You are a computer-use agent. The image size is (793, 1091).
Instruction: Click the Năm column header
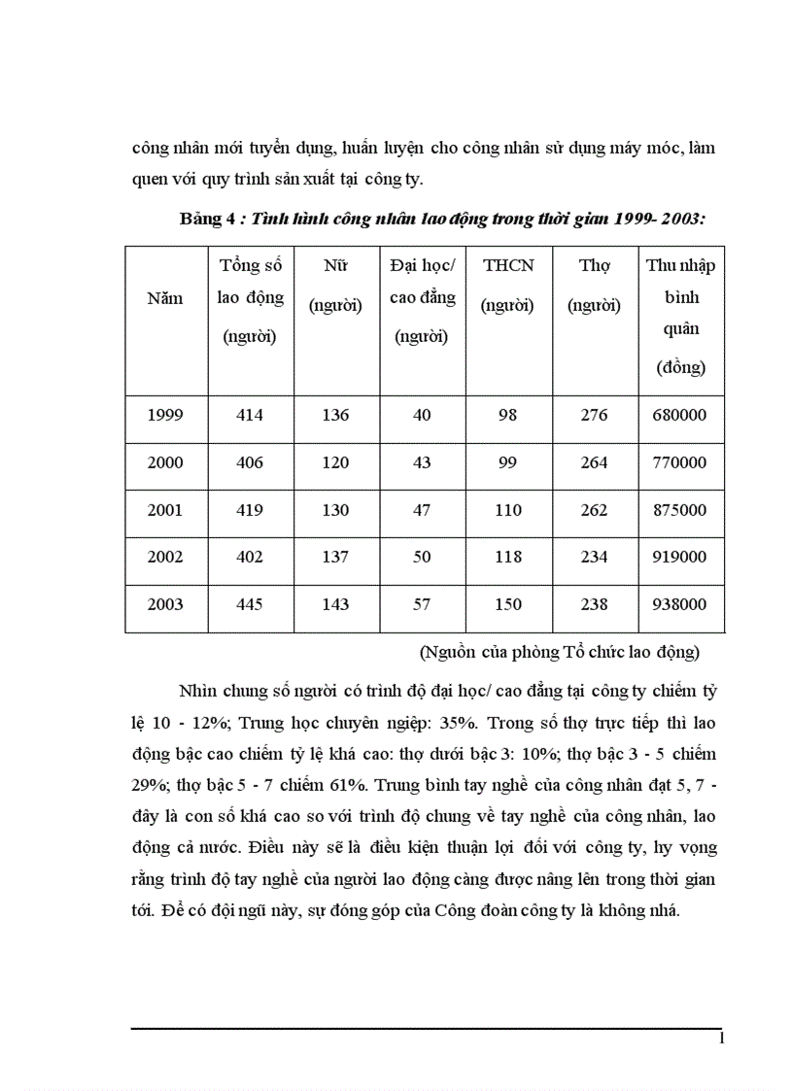tap(165, 298)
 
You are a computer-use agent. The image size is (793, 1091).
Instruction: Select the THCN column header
tap(507, 265)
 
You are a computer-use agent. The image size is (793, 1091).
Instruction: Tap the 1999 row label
tap(165, 415)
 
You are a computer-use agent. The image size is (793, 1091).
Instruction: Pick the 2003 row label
tap(165, 604)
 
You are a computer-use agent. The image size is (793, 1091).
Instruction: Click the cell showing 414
tap(250, 415)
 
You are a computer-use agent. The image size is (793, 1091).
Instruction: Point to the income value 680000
tap(681, 415)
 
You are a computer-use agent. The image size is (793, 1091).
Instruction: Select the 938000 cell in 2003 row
tap(681, 604)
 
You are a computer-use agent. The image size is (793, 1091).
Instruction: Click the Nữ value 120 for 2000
tap(335, 462)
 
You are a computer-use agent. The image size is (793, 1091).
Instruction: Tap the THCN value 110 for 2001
tap(507, 510)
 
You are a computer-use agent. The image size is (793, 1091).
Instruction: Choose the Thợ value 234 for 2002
tap(594, 557)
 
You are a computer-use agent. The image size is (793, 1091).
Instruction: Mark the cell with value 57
tap(422, 604)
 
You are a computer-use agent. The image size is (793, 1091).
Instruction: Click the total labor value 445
tap(250, 604)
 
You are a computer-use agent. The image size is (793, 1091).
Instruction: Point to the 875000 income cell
tap(681, 510)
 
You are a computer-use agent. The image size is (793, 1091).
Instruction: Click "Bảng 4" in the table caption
tap(207, 219)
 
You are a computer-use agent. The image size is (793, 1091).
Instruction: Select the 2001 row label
tap(165, 510)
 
